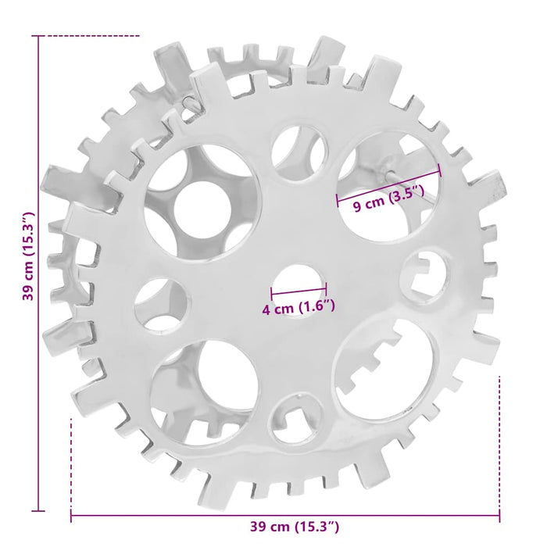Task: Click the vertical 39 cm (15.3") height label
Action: point(28,256)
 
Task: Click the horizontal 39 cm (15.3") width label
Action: point(294,527)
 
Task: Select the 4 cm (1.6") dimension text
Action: point(299,307)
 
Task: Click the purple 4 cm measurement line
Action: point(299,290)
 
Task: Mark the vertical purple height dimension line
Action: point(38,273)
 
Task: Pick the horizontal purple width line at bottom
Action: point(285,515)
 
